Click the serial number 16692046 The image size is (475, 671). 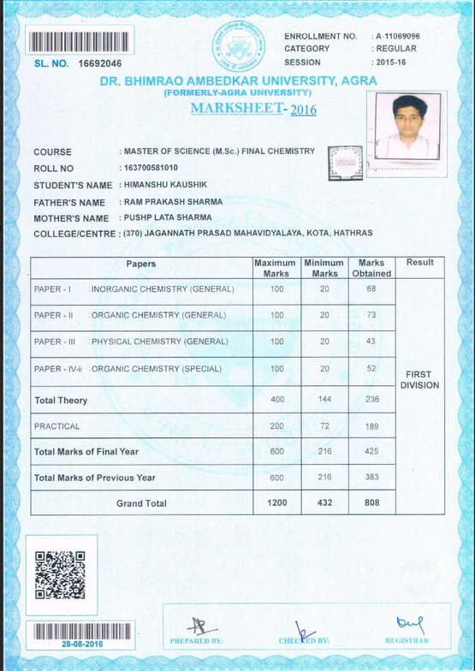click(x=100, y=63)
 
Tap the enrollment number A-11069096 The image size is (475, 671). click(x=398, y=36)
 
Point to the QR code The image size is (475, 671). click(x=59, y=574)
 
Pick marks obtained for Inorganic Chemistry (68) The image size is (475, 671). click(x=371, y=289)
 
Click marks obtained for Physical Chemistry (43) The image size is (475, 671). click(x=371, y=341)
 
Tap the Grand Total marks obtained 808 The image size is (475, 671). click(x=371, y=503)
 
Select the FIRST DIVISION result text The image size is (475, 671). click(x=419, y=380)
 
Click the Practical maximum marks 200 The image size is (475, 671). click(x=276, y=426)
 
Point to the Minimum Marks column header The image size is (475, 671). click(x=324, y=268)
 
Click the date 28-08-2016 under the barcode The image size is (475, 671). click(x=81, y=643)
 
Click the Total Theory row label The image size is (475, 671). click(x=56, y=401)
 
